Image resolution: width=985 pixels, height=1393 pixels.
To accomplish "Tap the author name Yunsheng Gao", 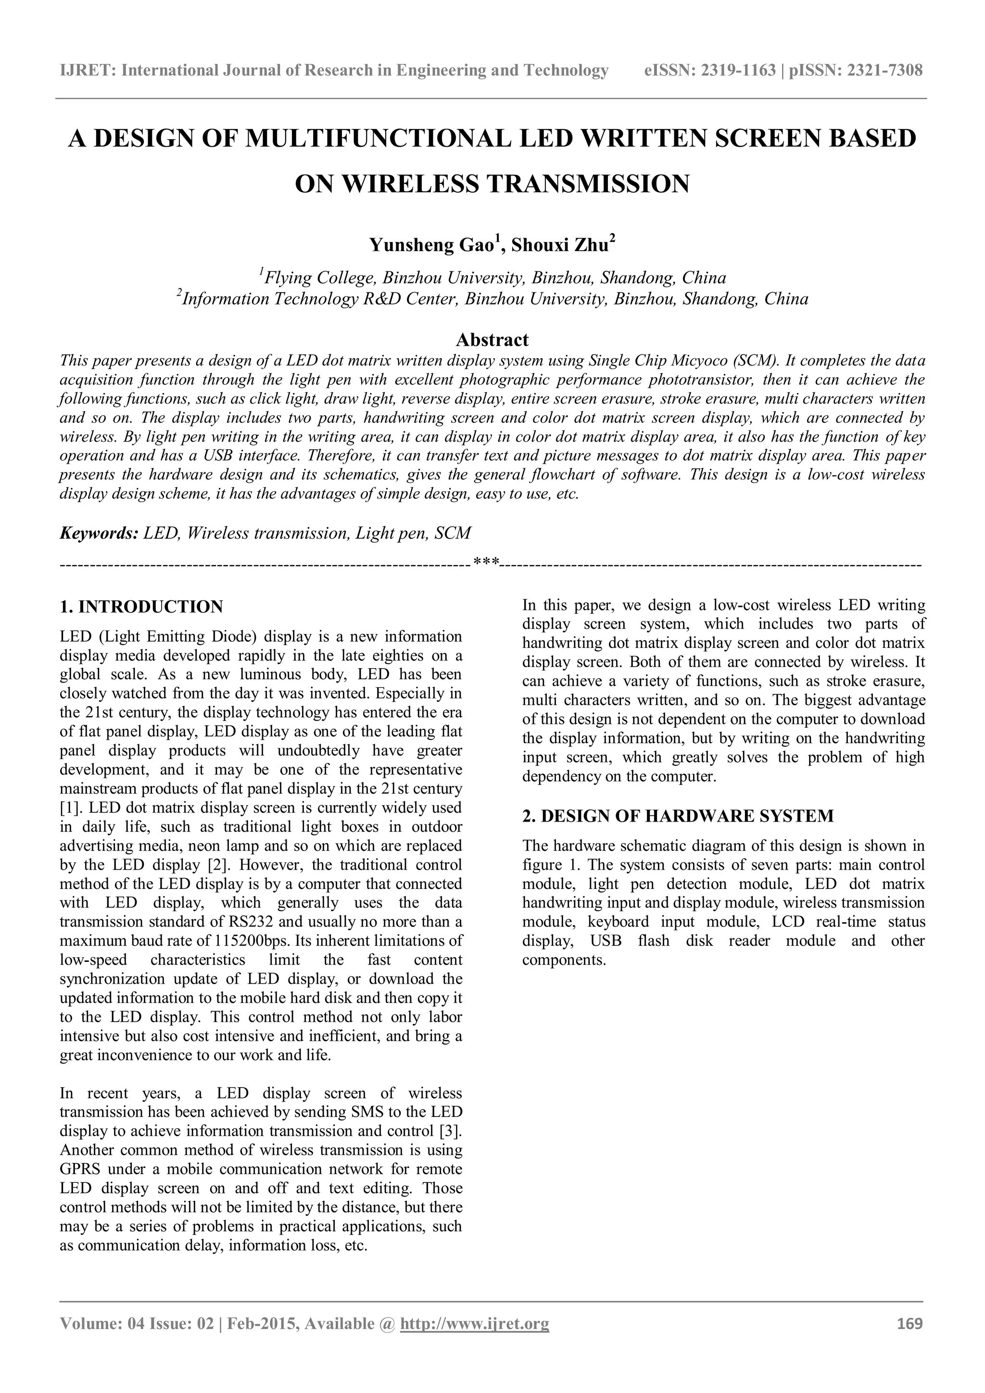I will pyautogui.click(x=433, y=245).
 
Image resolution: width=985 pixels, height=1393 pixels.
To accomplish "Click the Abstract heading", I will pyautogui.click(x=492, y=339).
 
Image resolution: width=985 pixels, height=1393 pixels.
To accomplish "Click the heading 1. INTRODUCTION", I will pyautogui.click(x=141, y=607).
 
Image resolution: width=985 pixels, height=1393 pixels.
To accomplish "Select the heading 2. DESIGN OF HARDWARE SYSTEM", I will pyautogui.click(x=678, y=816).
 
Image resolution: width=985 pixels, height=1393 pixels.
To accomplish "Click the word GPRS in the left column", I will pyautogui.click(x=79, y=1169).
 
